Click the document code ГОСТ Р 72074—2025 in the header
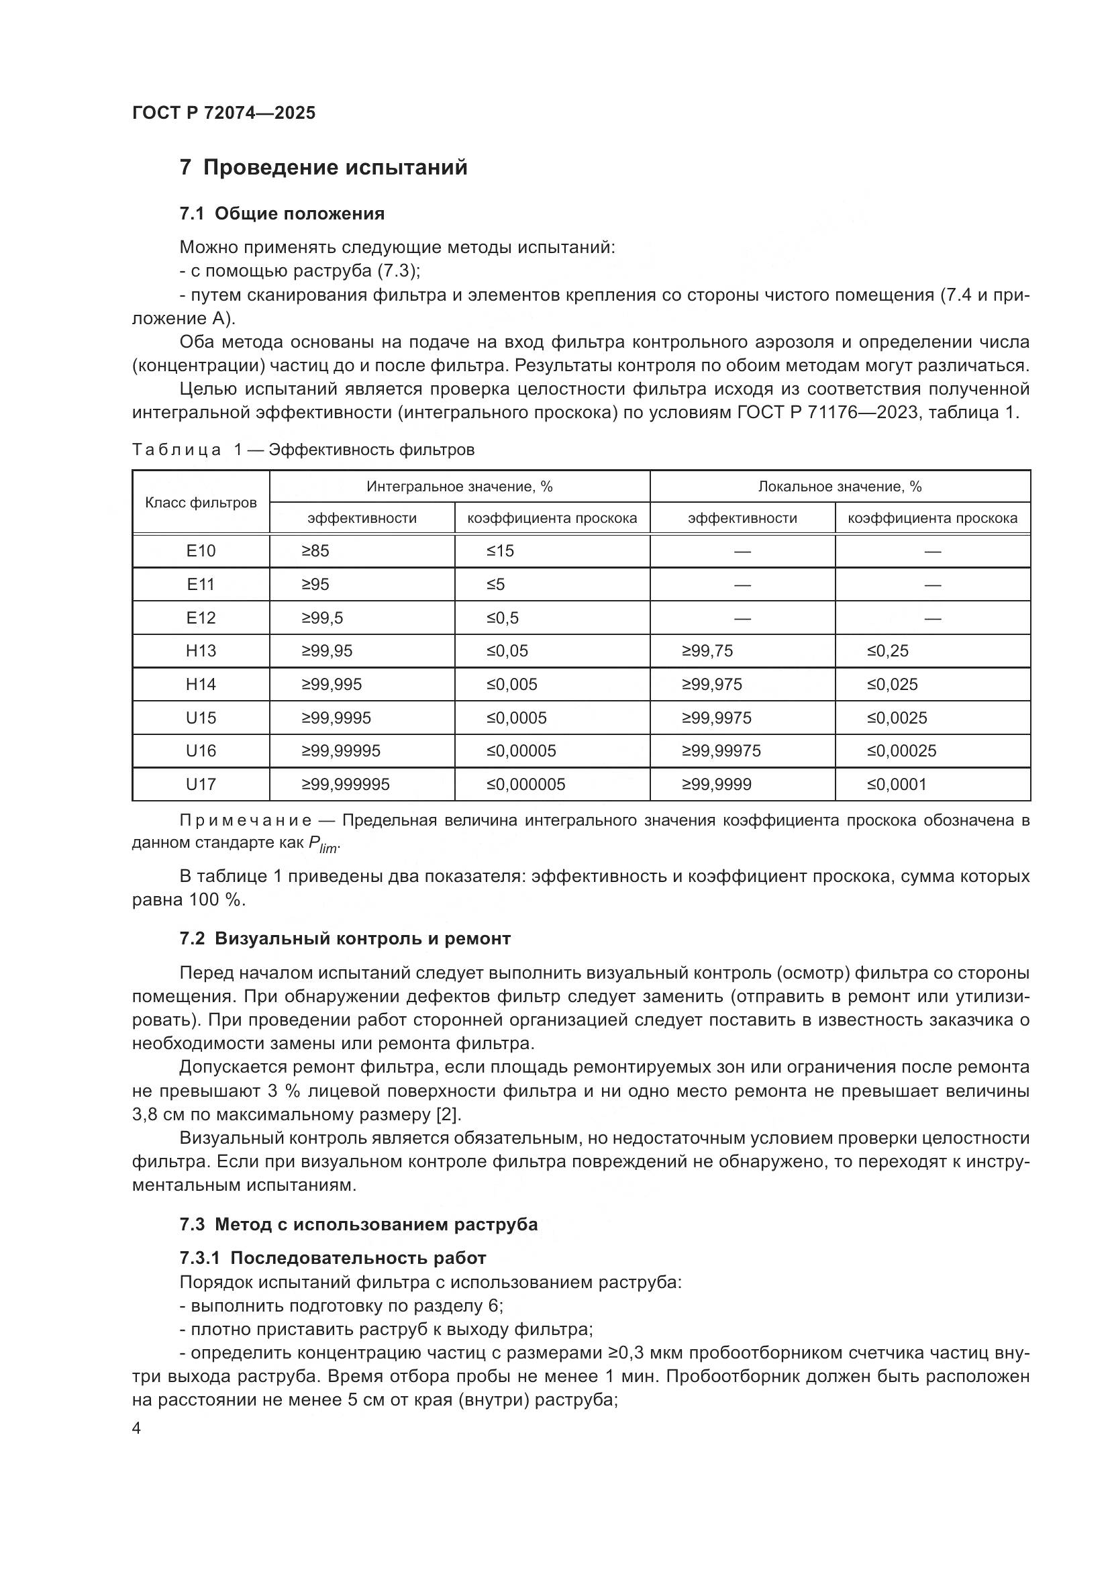tap(223, 113)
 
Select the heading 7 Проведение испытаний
tap(323, 168)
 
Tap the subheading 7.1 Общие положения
tap(282, 214)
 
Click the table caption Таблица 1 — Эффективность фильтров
tap(303, 449)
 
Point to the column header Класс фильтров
tap(201, 503)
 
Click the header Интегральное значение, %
tap(459, 486)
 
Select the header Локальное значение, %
tap(840, 486)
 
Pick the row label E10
tap(201, 551)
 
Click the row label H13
tap(201, 651)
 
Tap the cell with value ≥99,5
tap(323, 618)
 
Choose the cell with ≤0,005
tap(512, 685)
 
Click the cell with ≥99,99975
tap(721, 751)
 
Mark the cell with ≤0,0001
tap(897, 784)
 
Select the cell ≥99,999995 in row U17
tap(346, 784)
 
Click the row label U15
tap(201, 718)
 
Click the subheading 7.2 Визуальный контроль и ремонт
tap(345, 938)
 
